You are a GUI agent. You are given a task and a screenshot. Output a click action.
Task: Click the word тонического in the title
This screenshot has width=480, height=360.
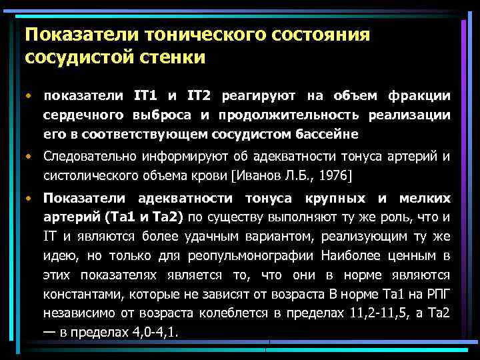coord(192,33)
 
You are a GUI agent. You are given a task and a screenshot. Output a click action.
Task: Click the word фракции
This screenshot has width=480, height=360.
coord(422,97)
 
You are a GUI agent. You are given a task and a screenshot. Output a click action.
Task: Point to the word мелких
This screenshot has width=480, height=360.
coord(424,199)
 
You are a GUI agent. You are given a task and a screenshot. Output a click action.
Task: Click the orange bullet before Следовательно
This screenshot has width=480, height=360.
coord(29,157)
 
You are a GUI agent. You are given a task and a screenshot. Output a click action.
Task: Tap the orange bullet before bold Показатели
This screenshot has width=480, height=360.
coord(29,199)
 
